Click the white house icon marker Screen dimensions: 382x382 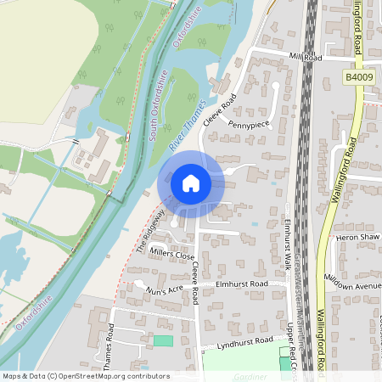[x=191, y=183]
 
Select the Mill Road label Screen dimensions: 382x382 [x=306, y=59]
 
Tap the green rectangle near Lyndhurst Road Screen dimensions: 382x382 [x=162, y=340]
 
